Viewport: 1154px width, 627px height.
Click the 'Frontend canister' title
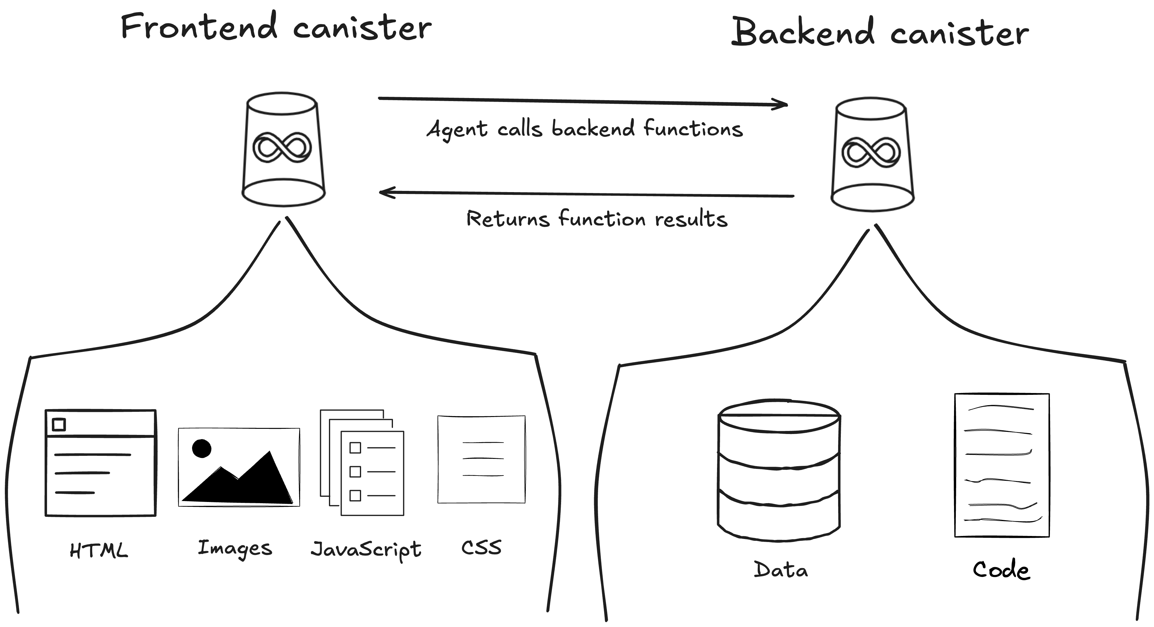pos(276,28)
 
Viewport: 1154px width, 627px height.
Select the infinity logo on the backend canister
pos(871,152)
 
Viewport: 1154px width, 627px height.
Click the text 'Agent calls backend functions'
pos(585,129)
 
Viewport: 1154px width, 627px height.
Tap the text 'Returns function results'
pos(597,219)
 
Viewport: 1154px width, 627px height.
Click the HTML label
pos(99,550)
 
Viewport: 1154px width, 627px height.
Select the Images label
pos(235,548)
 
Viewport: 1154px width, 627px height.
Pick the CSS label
pos(482,547)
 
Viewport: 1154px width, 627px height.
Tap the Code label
pos(1002,570)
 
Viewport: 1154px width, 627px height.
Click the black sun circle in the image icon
pos(201,448)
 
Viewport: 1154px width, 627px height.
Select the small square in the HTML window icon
pos(59,424)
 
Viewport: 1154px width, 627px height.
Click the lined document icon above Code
pos(1002,465)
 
